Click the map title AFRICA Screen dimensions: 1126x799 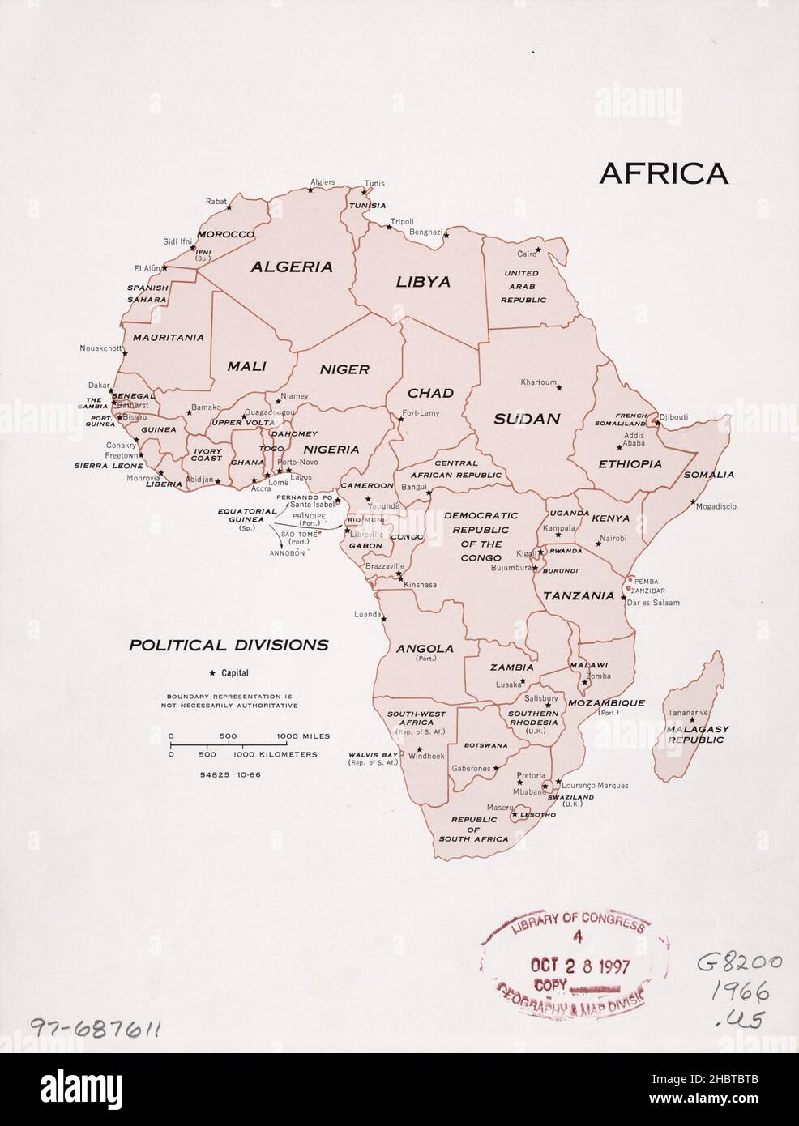(663, 173)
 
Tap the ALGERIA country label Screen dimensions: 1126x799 (291, 267)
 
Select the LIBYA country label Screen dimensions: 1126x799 (422, 282)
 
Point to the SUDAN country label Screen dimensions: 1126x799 (527, 419)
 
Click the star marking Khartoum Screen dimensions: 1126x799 (558, 387)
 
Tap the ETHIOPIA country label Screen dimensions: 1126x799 (630, 464)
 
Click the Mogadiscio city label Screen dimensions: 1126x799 (716, 506)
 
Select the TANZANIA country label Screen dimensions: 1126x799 (579, 595)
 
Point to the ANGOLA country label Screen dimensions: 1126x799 (424, 648)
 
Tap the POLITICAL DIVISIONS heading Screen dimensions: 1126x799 (229, 646)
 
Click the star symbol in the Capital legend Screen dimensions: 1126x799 (212, 673)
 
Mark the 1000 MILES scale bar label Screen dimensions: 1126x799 (303, 736)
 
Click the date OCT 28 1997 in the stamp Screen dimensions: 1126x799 (579, 966)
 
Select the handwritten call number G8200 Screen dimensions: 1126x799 (739, 963)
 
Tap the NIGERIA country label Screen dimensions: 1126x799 (331, 449)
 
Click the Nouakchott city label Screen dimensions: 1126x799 (100, 348)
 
